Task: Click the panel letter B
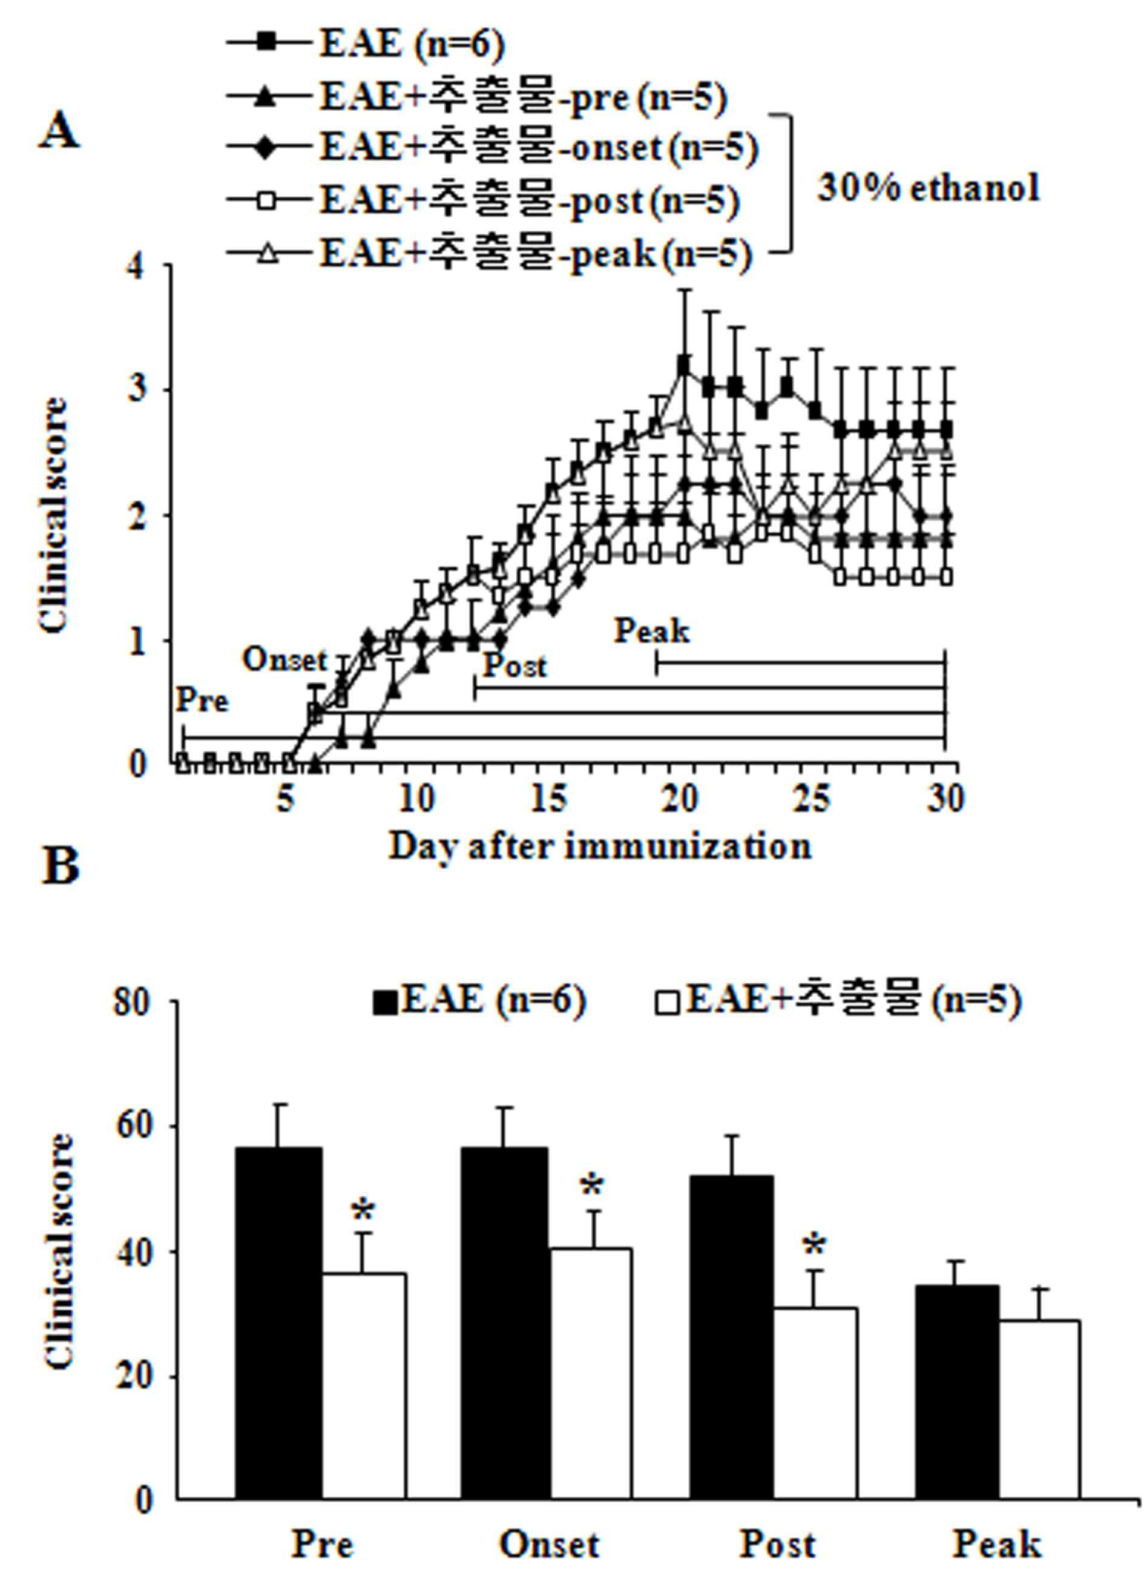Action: (x=61, y=866)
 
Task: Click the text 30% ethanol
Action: (x=929, y=187)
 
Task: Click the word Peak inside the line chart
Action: (x=652, y=631)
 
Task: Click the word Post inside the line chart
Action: (x=514, y=666)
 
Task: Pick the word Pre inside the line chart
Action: (x=202, y=701)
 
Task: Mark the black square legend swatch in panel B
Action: (x=386, y=1004)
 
